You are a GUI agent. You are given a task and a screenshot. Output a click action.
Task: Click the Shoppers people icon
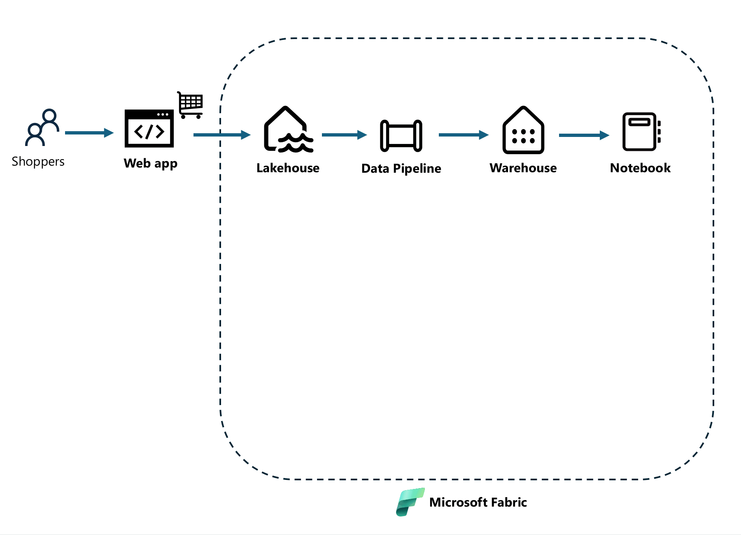click(x=42, y=127)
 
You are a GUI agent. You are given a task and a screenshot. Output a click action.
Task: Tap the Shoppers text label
click(x=38, y=162)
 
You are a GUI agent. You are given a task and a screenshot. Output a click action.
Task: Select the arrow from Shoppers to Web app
click(x=89, y=132)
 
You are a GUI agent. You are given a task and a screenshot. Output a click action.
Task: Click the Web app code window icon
click(x=149, y=128)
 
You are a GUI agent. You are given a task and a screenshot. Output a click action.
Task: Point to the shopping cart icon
click(x=191, y=104)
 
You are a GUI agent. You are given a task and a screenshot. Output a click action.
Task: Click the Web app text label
click(x=150, y=163)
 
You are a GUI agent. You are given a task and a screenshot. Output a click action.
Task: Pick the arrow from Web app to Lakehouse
click(x=221, y=134)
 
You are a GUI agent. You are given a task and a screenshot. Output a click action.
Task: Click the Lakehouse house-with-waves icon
click(x=288, y=130)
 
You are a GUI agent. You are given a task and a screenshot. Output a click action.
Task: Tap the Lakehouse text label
click(x=288, y=168)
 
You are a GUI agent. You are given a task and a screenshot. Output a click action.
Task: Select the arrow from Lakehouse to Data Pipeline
click(x=344, y=134)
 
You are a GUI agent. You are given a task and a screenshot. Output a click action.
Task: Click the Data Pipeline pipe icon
click(x=401, y=136)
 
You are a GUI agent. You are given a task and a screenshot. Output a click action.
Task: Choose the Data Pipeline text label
click(x=401, y=169)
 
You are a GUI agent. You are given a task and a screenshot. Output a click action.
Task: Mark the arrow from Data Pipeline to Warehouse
click(x=463, y=134)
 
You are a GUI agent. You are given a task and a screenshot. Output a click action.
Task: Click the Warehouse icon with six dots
click(x=523, y=131)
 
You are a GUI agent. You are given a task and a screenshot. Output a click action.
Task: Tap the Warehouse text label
click(x=523, y=168)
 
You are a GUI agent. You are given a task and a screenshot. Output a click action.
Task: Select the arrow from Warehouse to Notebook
click(x=583, y=135)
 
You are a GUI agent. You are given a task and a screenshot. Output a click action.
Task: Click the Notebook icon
click(x=641, y=132)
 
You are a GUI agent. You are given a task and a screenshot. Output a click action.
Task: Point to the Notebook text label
click(x=640, y=168)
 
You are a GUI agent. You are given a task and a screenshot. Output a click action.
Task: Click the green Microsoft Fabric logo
click(x=410, y=502)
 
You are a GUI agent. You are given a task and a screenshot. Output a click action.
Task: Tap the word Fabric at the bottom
click(x=509, y=502)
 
